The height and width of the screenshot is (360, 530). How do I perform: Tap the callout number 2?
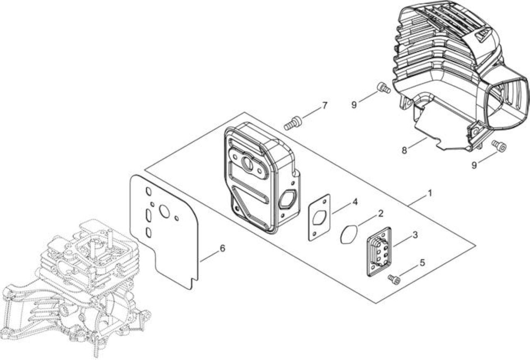coord(380,214)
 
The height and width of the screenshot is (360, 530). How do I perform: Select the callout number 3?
coord(415,235)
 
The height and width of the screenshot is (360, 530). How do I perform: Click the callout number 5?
coord(422,263)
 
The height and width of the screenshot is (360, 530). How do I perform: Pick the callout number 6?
coord(222,248)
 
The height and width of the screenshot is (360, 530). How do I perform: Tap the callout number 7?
coord(324,106)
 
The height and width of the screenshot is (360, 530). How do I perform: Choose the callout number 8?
coord(405,150)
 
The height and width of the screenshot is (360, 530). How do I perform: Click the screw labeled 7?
coord(293,123)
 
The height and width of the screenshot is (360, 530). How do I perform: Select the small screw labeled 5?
coord(394,280)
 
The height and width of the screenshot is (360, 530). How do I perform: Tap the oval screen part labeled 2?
coord(349,234)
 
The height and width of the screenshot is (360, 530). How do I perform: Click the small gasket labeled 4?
coord(319,217)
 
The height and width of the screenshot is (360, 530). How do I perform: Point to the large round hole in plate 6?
coord(164,211)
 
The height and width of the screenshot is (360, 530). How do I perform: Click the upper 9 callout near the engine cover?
coord(354,105)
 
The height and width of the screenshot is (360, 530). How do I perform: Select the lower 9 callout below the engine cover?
coord(474,165)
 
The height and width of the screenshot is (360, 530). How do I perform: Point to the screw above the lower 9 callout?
coord(499,145)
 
